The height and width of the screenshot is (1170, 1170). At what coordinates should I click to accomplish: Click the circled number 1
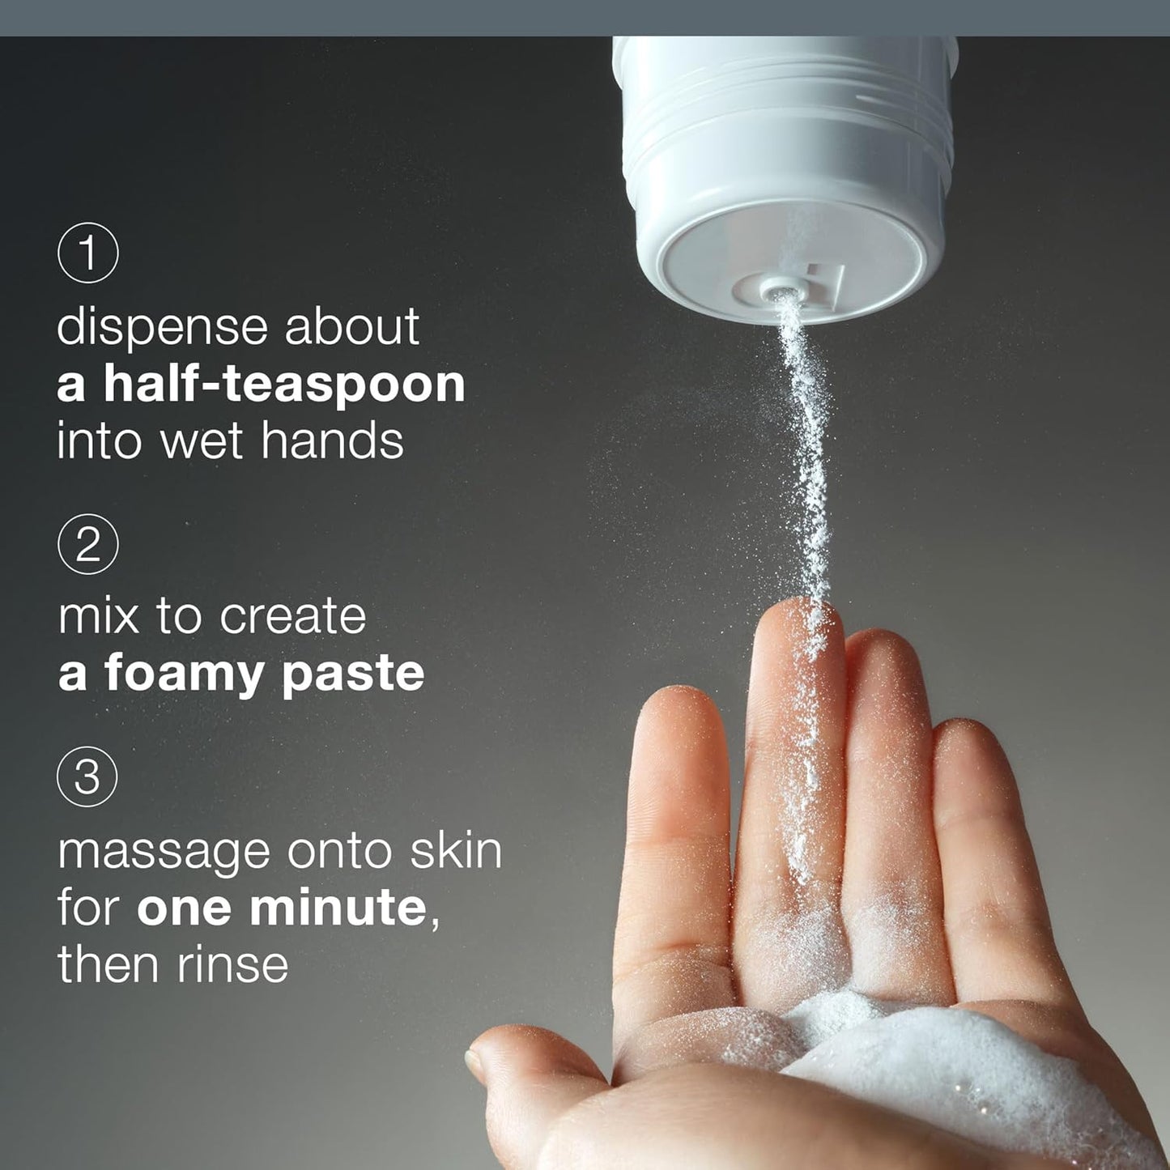(x=88, y=252)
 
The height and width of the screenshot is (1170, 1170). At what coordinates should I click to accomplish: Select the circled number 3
(x=87, y=776)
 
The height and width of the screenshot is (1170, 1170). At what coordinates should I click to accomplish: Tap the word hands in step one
(x=332, y=441)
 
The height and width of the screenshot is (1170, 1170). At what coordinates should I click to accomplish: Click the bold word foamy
(x=186, y=674)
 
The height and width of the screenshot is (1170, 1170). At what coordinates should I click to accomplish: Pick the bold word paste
(x=353, y=674)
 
